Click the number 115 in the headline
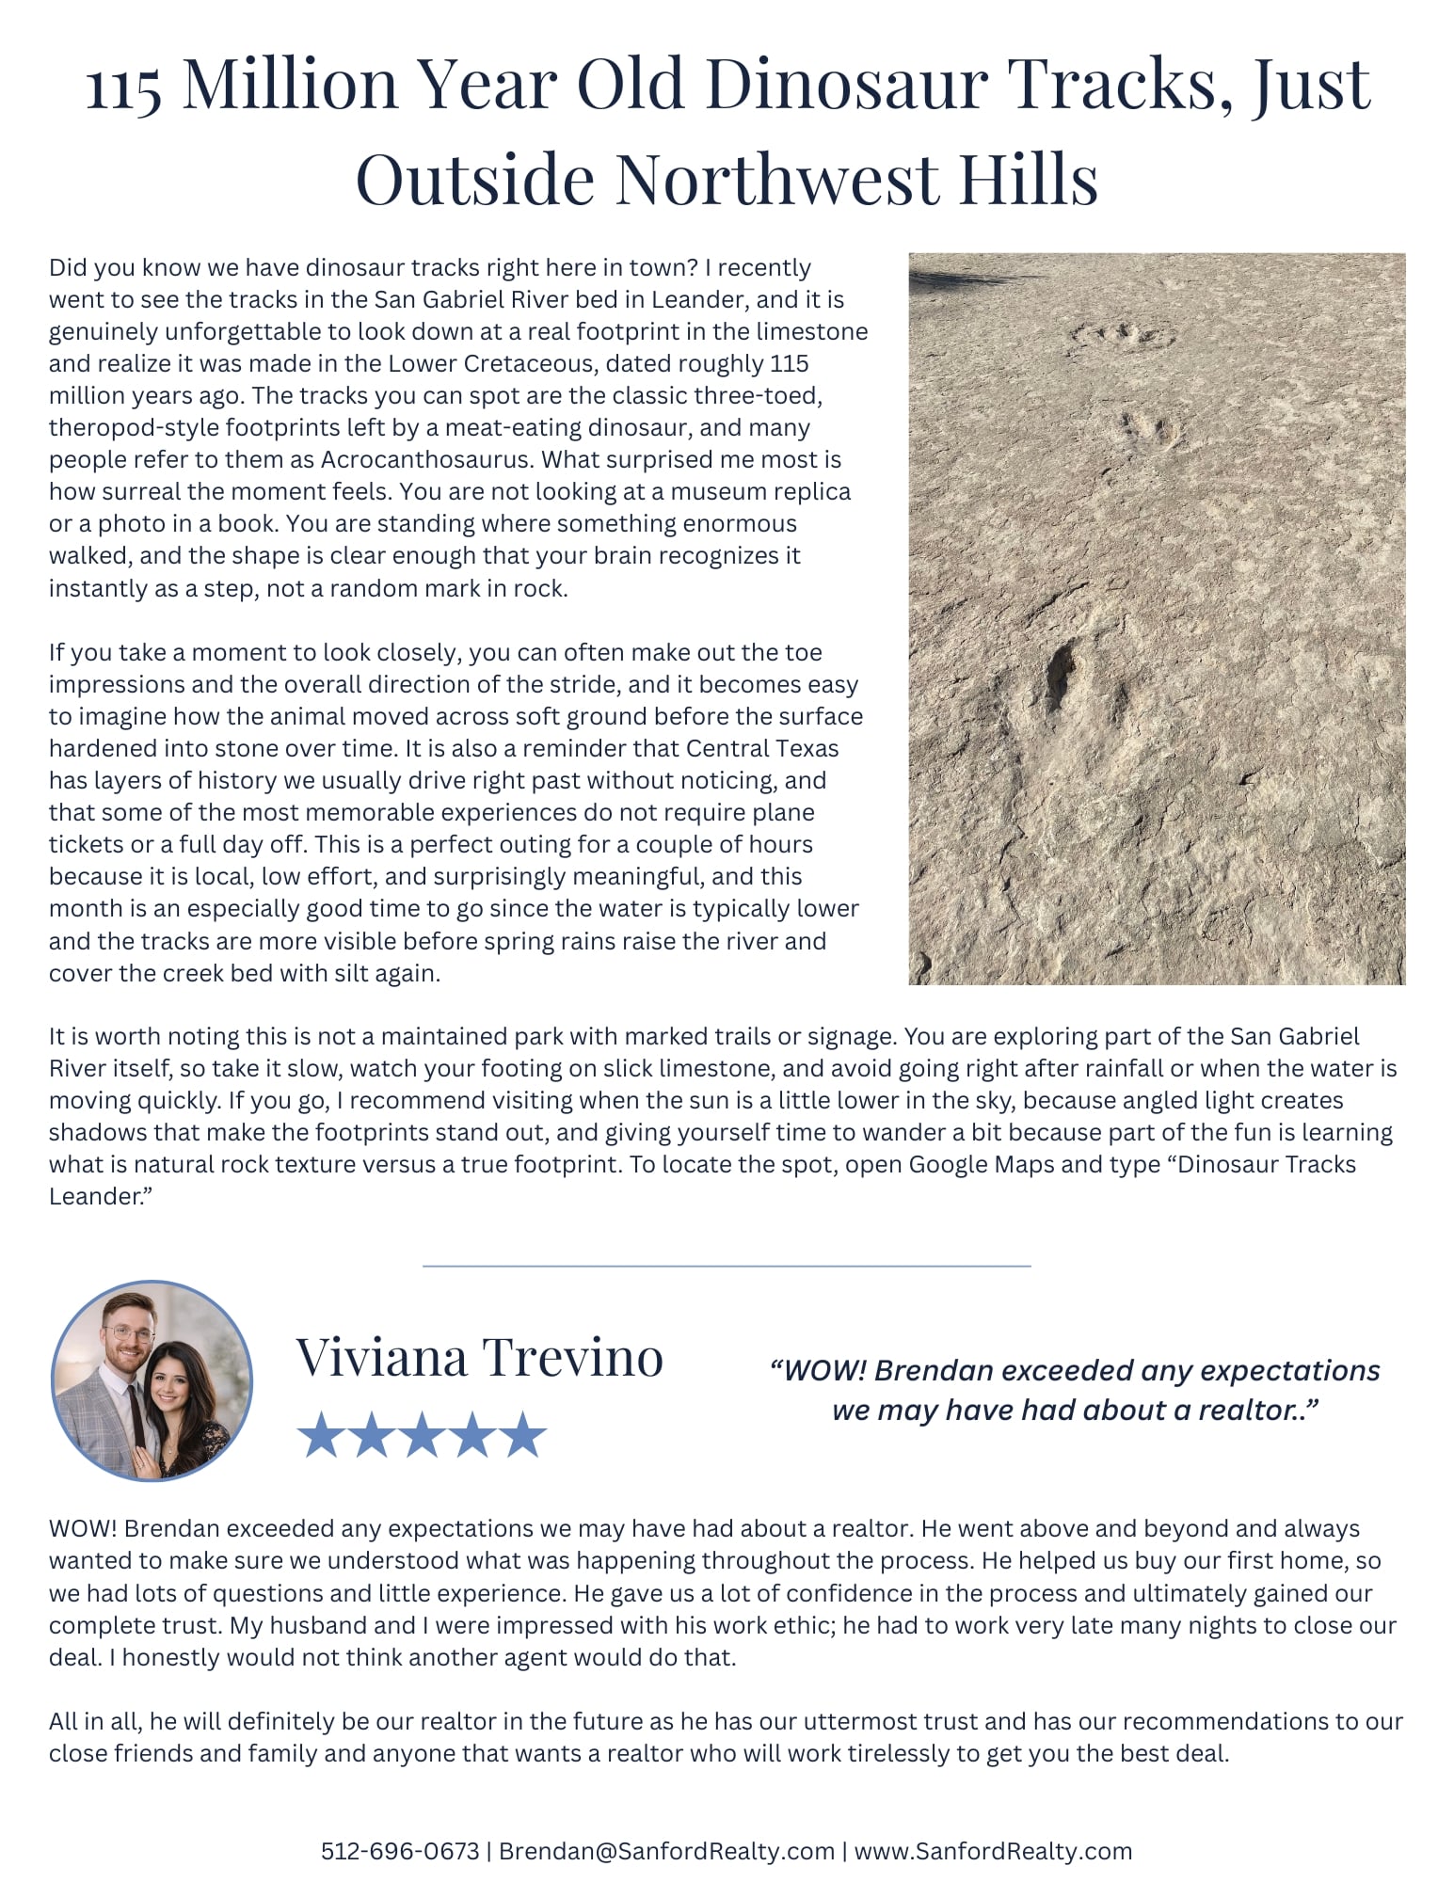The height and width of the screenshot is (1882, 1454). tap(123, 87)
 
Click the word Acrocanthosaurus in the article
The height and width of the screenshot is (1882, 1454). tap(426, 459)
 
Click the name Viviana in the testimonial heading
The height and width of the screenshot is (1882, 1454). tap(381, 1358)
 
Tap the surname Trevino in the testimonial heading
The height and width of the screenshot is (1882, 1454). tap(573, 1358)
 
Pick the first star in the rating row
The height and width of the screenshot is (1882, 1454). tap(321, 1434)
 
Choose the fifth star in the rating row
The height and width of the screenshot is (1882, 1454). tap(522, 1434)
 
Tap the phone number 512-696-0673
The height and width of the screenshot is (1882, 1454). tap(400, 1851)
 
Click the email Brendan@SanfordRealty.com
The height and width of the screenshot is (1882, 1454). tap(666, 1851)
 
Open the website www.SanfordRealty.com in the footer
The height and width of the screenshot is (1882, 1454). tap(993, 1851)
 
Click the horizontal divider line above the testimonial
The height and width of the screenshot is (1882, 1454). tap(727, 1266)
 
